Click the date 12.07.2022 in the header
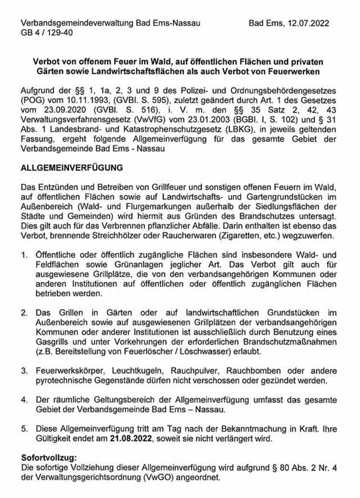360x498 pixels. pyautogui.click(x=308, y=24)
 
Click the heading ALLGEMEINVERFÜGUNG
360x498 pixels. pyautogui.click(x=71, y=168)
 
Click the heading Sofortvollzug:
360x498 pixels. pyautogui.click(x=48, y=459)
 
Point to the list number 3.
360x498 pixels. pyautogui.click(x=24, y=370)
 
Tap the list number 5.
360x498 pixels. pyautogui.click(x=24, y=428)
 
